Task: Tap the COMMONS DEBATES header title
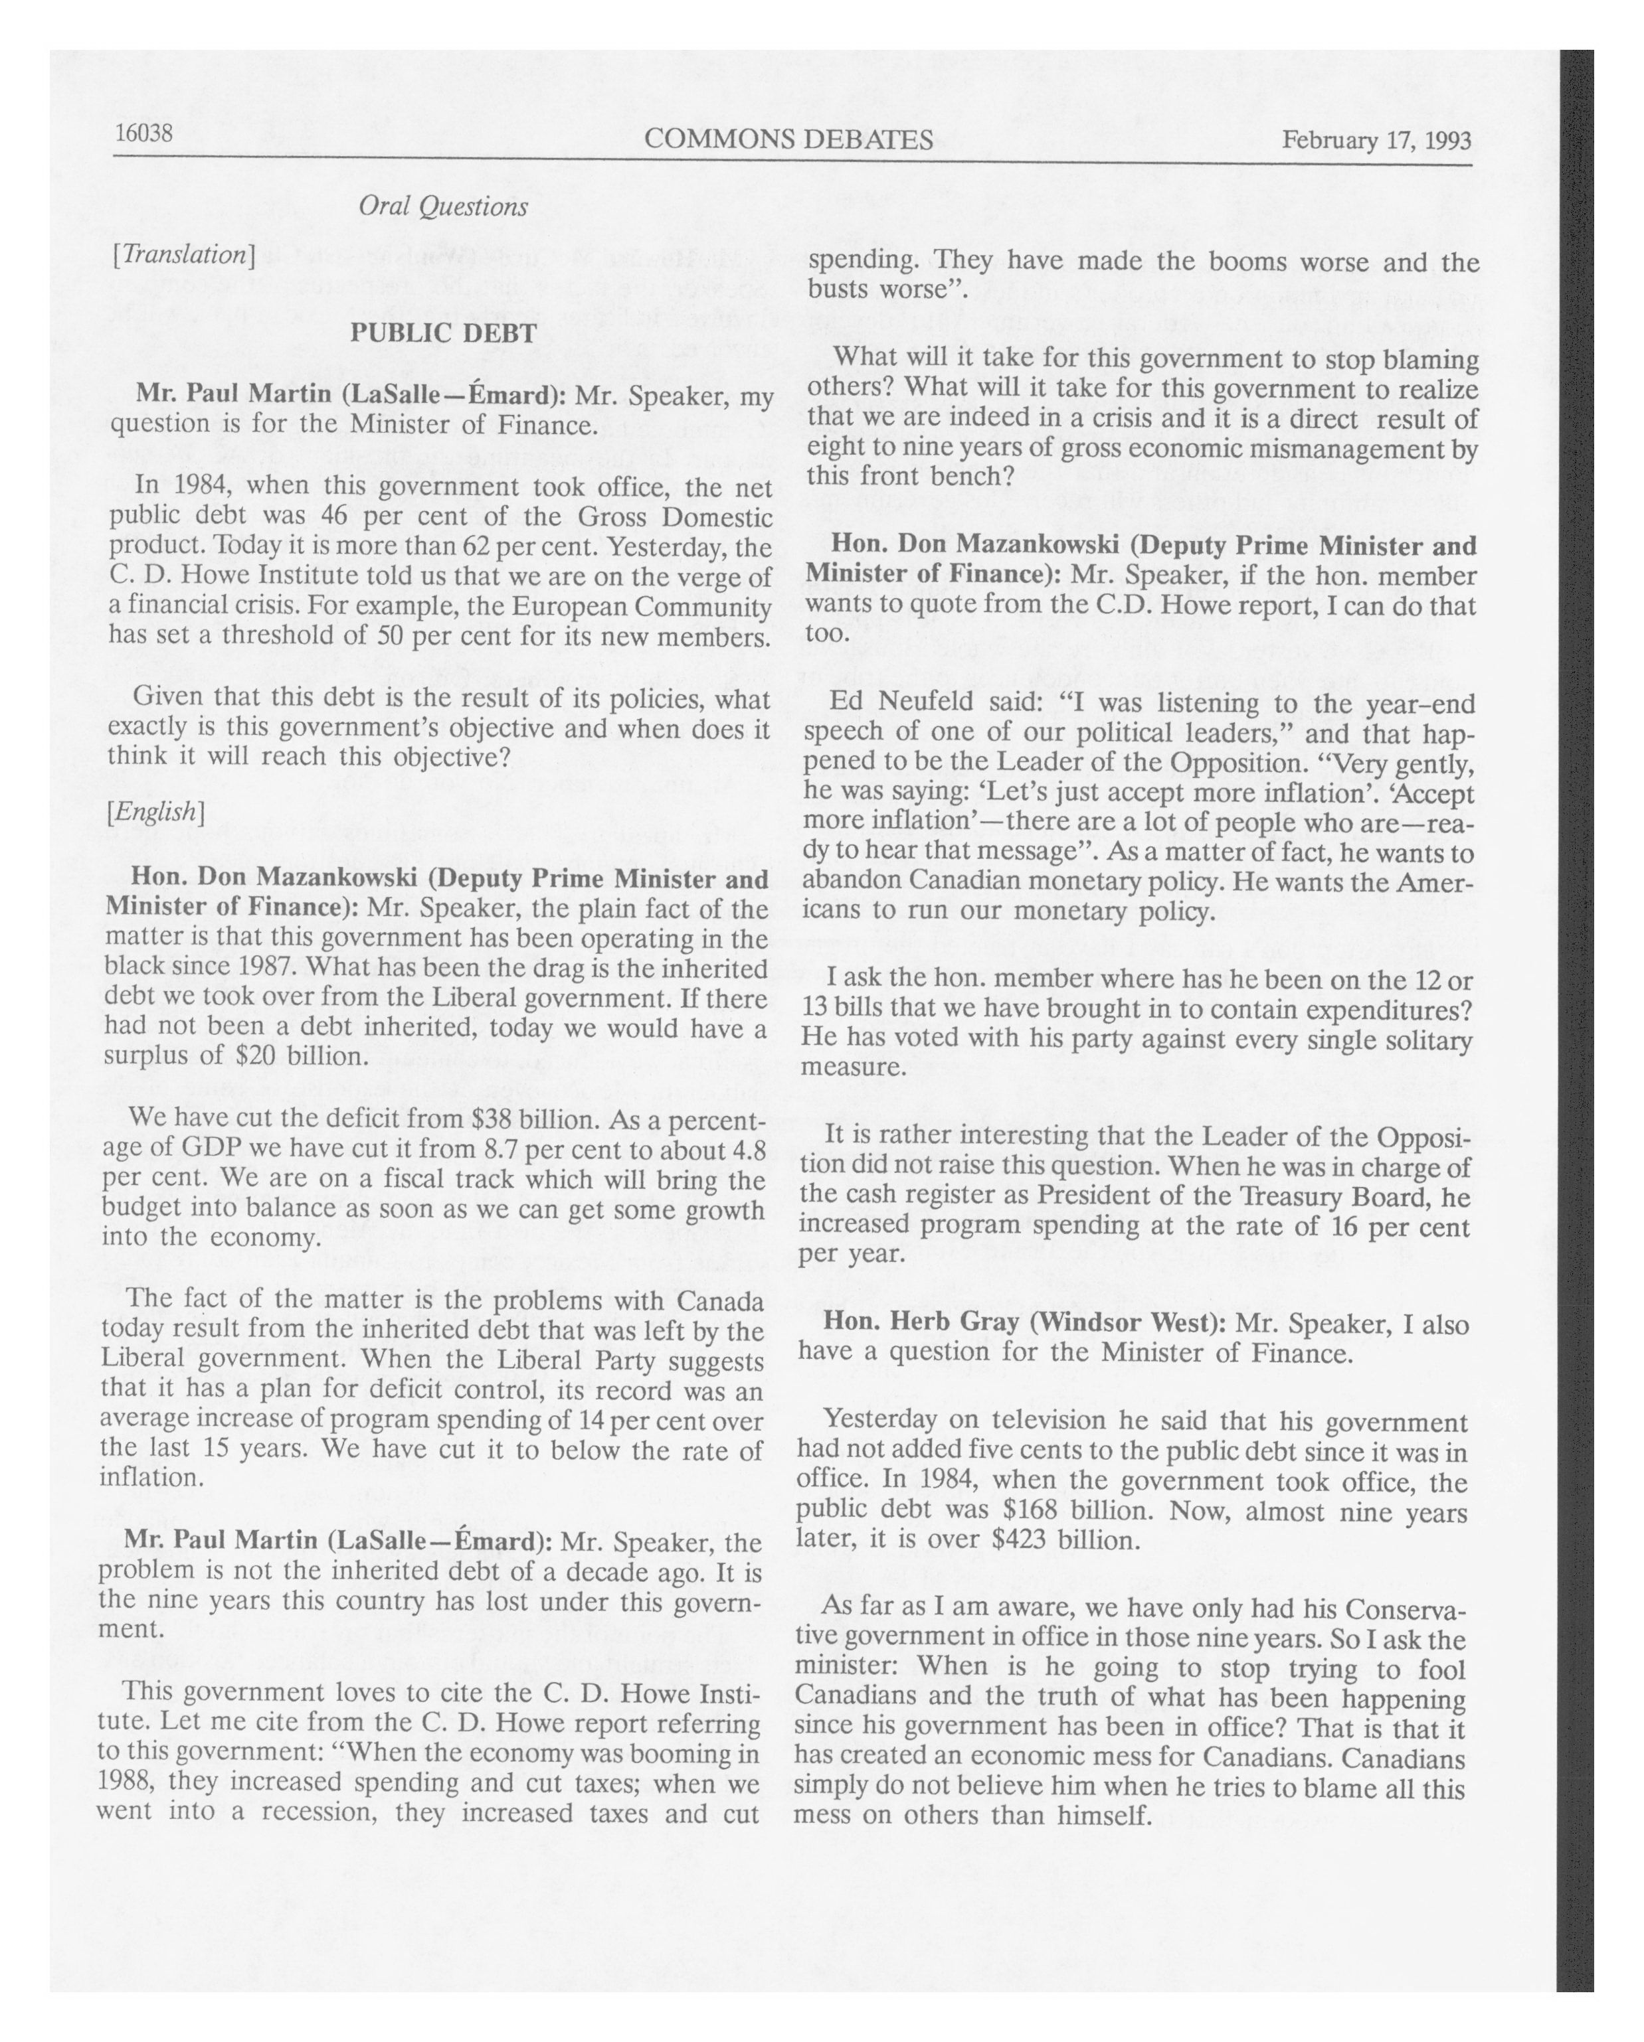pos(788,140)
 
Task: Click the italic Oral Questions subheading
pos(442,206)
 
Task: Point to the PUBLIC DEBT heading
pos(444,333)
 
